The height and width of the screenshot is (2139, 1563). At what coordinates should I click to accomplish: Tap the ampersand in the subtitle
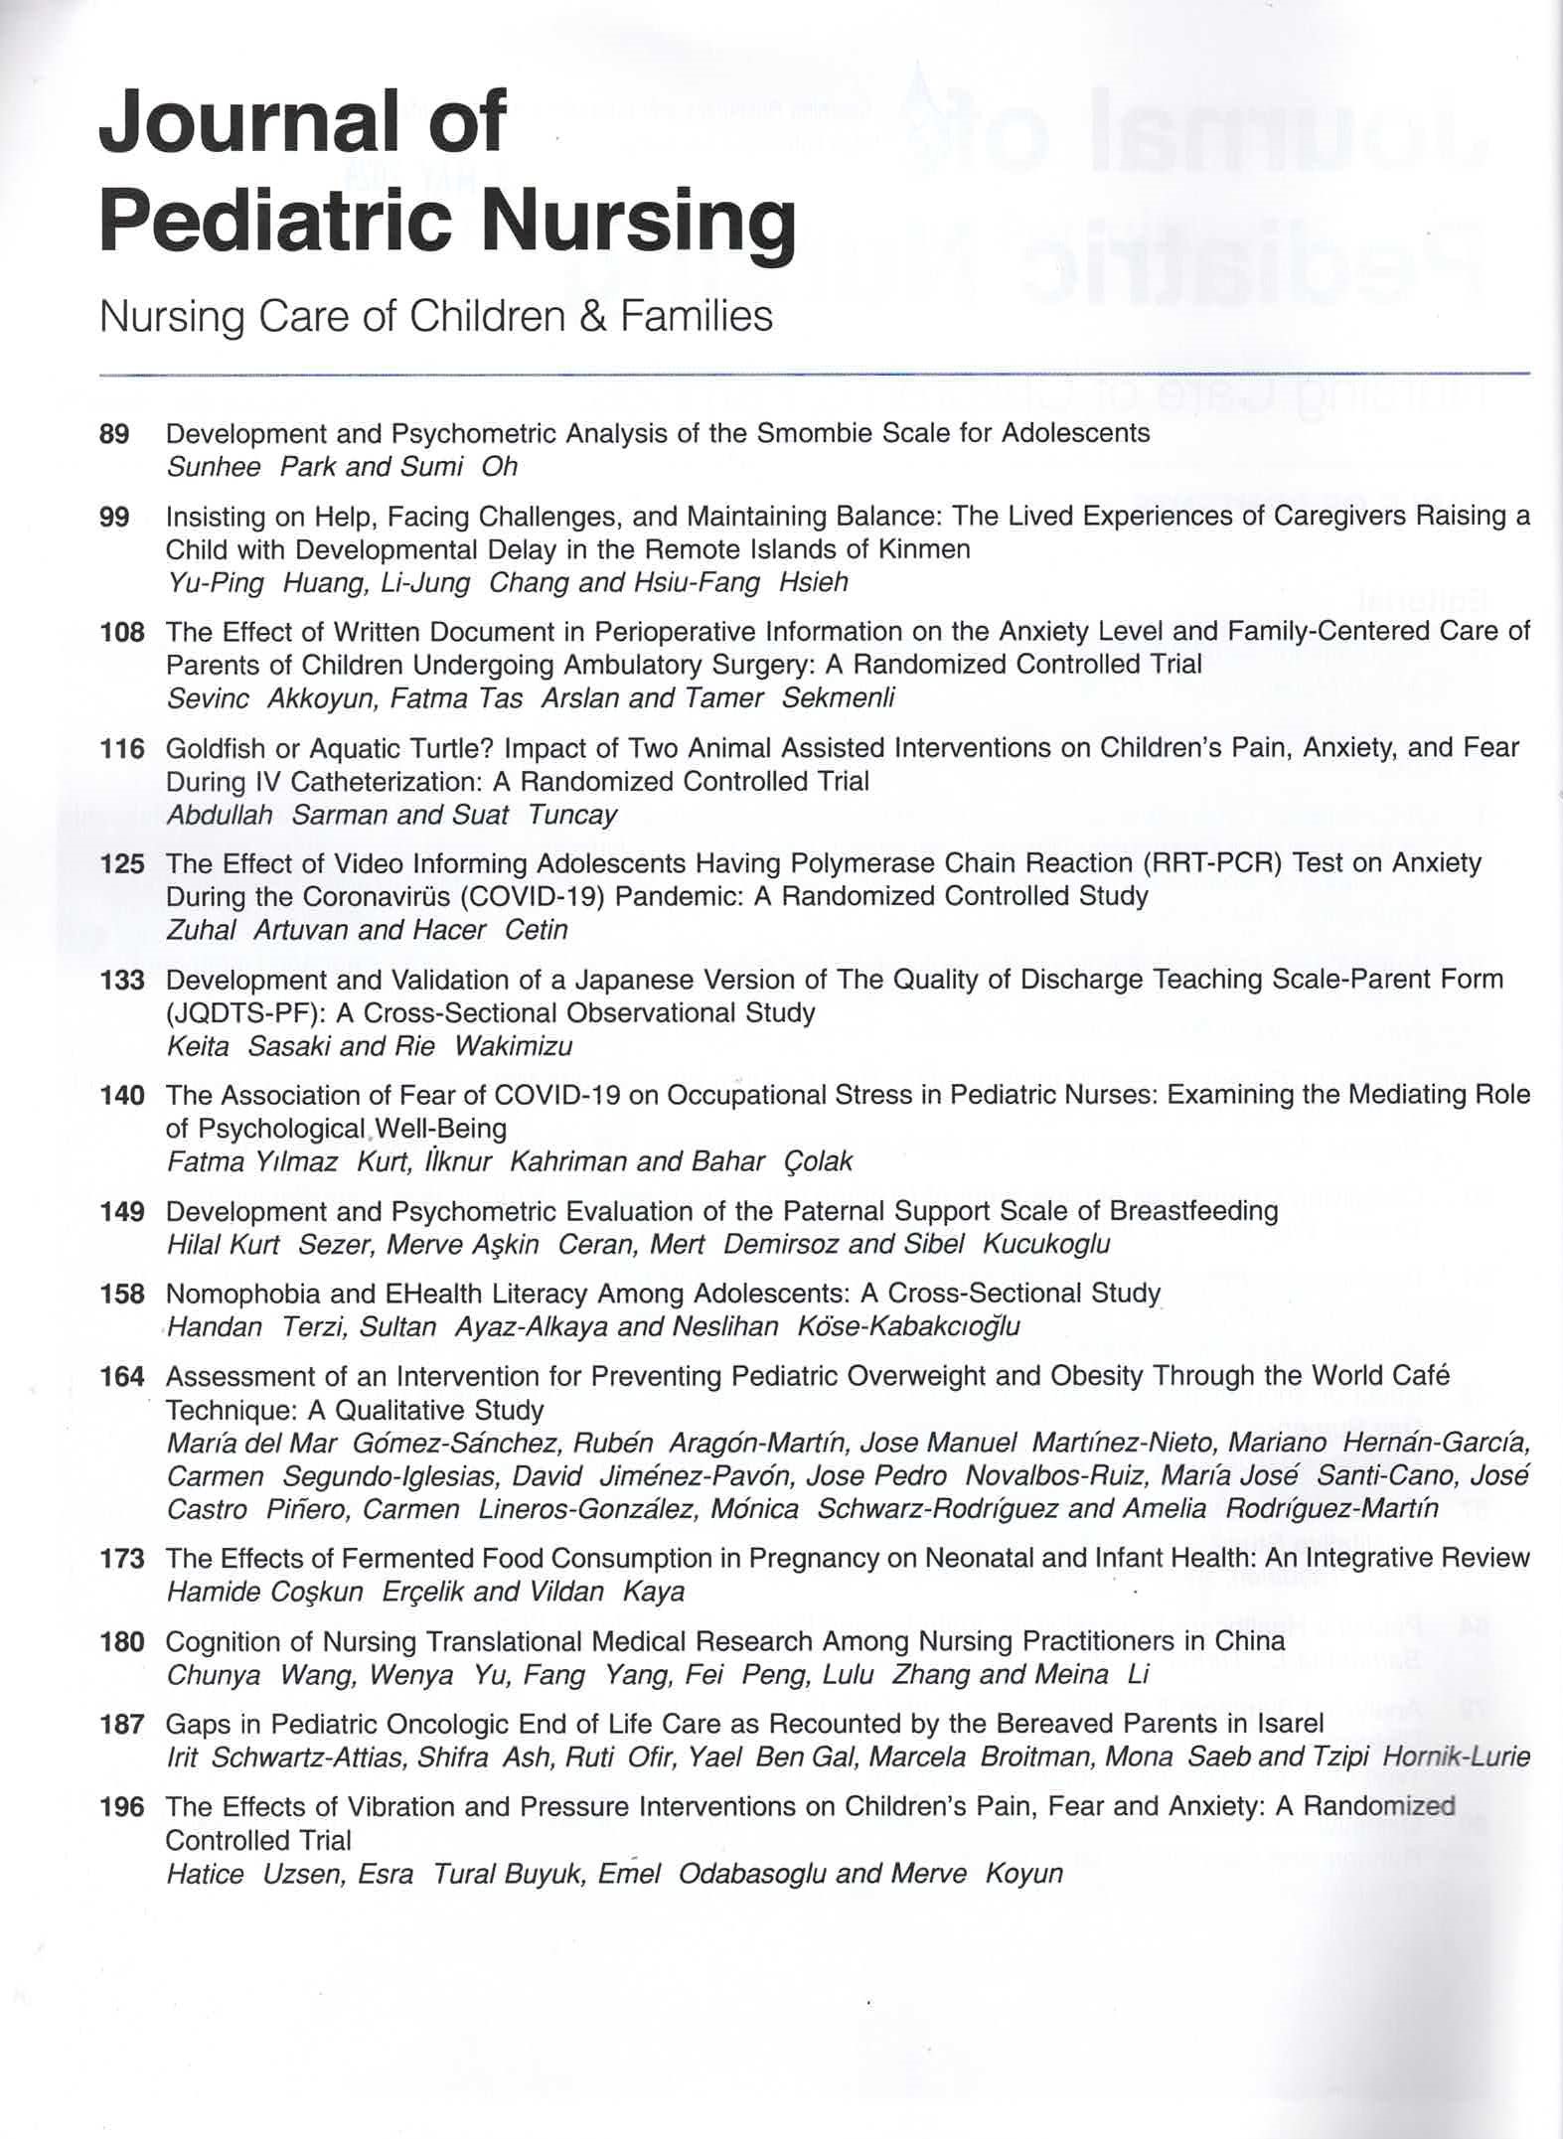click(x=596, y=317)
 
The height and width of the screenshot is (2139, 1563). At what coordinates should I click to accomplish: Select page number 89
click(x=114, y=434)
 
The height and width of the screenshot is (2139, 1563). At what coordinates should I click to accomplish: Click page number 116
click(x=121, y=748)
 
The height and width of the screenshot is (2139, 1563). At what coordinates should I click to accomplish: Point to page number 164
click(x=121, y=1377)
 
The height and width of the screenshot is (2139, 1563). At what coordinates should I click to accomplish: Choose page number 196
click(x=121, y=1807)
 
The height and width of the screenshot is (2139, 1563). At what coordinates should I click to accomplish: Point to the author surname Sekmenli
click(x=838, y=698)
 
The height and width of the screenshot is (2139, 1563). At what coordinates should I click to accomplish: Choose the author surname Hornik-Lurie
click(x=1456, y=1757)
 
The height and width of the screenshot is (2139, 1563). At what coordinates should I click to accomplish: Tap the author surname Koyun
click(x=1023, y=1874)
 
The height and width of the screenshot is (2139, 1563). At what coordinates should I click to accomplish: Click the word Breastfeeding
click(x=1193, y=1211)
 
